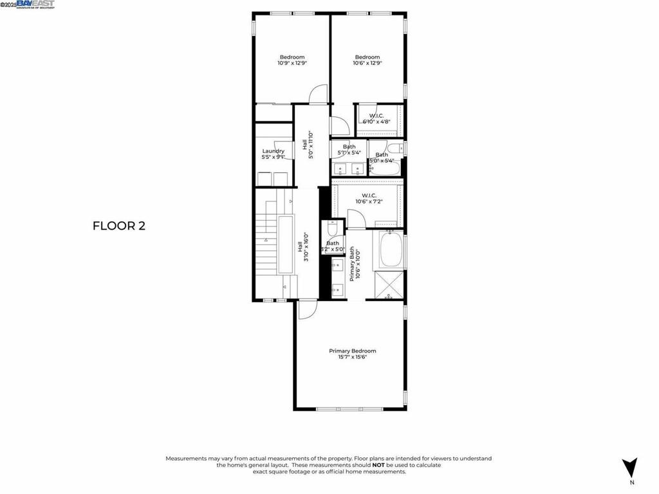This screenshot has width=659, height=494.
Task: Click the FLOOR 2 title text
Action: click(119, 226)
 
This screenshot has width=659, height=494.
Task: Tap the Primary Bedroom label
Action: click(352, 351)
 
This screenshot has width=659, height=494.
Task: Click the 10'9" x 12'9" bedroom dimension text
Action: click(292, 63)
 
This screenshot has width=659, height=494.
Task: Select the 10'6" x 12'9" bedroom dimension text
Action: click(367, 63)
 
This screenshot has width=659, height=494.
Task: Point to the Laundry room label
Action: click(273, 151)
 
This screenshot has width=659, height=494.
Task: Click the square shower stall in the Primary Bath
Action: click(389, 285)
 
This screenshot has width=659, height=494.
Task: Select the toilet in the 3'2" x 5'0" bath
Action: click(332, 229)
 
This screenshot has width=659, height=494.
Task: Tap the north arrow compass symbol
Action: click(631, 468)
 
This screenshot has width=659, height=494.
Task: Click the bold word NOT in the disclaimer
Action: click(378, 464)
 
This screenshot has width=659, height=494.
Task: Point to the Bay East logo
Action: click(35, 5)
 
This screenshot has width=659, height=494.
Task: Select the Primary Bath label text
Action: click(352, 263)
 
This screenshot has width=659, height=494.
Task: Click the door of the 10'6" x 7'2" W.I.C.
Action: click(356, 219)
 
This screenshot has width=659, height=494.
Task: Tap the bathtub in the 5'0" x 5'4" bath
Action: click(385, 169)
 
